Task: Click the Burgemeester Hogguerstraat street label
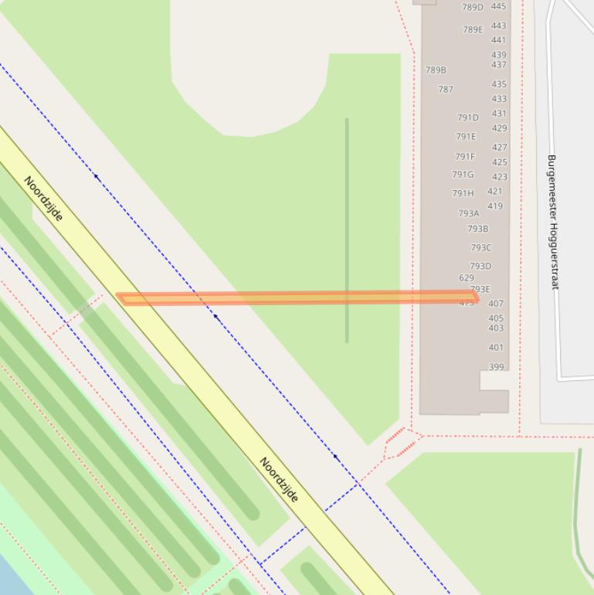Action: pyautogui.click(x=552, y=222)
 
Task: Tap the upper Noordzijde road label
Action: pyautogui.click(x=43, y=199)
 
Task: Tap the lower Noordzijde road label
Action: pyautogui.click(x=279, y=480)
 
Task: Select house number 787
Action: pyautogui.click(x=446, y=90)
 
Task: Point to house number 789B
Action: pyautogui.click(x=436, y=70)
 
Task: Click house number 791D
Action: pyautogui.click(x=467, y=118)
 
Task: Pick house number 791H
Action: pyautogui.click(x=463, y=194)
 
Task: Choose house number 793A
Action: pyautogui.click(x=468, y=213)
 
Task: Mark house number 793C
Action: pyautogui.click(x=480, y=248)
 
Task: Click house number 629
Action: pyautogui.click(x=466, y=278)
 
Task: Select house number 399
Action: pyautogui.click(x=496, y=367)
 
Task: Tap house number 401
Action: pyautogui.click(x=496, y=348)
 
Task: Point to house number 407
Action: pyautogui.click(x=496, y=304)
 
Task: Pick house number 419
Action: pyautogui.click(x=495, y=206)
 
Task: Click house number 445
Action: pyautogui.click(x=498, y=6)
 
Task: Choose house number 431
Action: pyautogui.click(x=499, y=114)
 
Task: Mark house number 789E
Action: pyautogui.click(x=473, y=30)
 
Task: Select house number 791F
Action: pyautogui.click(x=465, y=157)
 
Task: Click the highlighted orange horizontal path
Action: pyautogui.click(x=297, y=297)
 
